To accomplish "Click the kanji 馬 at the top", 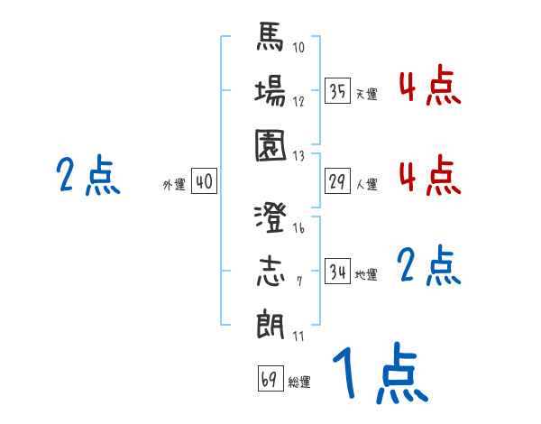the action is (270, 40).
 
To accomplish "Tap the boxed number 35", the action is (337, 91).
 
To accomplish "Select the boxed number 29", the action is (337, 181).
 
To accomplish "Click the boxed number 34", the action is (337, 272).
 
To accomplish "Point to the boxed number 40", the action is (204, 181).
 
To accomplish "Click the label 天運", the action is (366, 94).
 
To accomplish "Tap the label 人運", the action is (366, 184).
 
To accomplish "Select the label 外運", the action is (174, 184).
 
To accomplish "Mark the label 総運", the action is (299, 382).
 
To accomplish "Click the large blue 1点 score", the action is (378, 375).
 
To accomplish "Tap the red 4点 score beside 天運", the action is (429, 88).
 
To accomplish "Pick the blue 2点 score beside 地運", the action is (429, 266).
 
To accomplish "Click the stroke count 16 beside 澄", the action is (298, 229).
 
